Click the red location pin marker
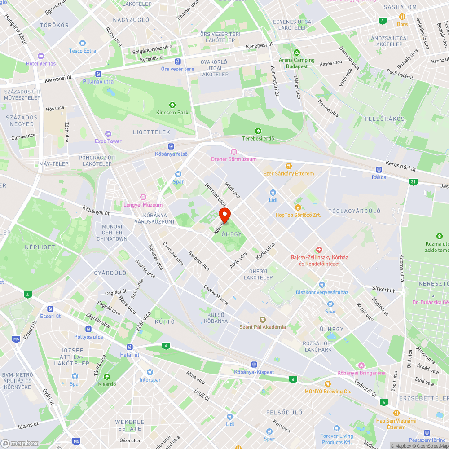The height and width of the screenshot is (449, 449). tap(224, 215)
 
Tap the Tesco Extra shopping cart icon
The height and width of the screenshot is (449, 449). tap(82, 43)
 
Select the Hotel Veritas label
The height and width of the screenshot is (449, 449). tap(41, 63)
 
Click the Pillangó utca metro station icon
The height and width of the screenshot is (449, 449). tap(98, 74)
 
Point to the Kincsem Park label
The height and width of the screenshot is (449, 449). tap(172, 112)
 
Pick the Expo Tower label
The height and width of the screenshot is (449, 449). tap(108, 141)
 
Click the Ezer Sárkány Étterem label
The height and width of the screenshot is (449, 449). tap(288, 173)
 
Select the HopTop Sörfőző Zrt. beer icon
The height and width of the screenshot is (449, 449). tap(298, 207)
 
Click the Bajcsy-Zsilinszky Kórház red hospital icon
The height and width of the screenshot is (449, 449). tap(319, 249)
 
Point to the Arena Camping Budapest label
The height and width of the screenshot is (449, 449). tap(297, 63)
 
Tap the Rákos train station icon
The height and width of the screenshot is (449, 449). tap(379, 170)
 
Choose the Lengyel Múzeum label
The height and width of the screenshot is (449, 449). tap(143, 205)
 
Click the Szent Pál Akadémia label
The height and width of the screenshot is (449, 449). tap(263, 326)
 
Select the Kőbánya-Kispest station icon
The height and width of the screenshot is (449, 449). tap(254, 365)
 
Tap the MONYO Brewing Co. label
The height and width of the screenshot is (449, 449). tap(328, 392)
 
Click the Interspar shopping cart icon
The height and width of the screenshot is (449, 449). tap(150, 372)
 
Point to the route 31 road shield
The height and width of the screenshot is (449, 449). tap(413, 182)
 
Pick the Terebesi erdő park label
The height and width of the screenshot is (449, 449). tap(258, 138)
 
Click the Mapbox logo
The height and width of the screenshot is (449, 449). tap(20, 443)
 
